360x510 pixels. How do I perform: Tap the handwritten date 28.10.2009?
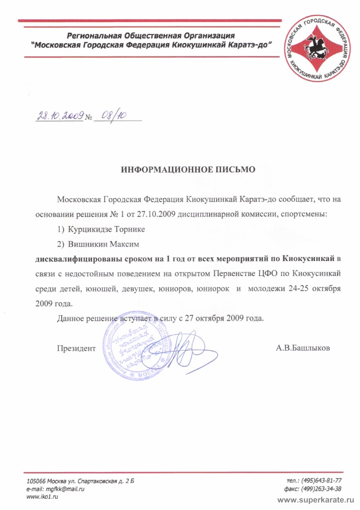pyautogui.click(x=59, y=116)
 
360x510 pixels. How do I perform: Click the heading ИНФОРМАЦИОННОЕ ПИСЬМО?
pyautogui.click(x=188, y=169)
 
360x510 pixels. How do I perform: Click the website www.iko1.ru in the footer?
pyautogui.click(x=40, y=498)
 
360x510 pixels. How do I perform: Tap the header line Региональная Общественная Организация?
pyautogui.click(x=151, y=35)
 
